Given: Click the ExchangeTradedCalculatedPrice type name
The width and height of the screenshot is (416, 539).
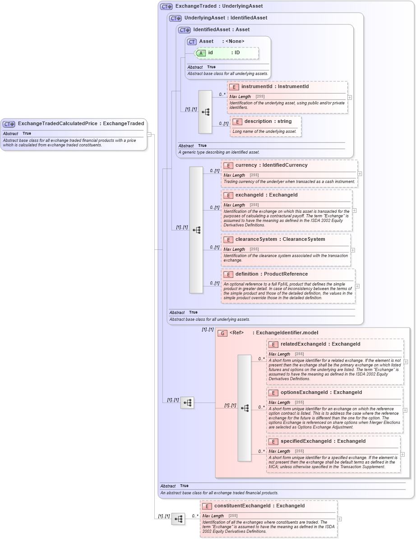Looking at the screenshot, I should pos(59,123).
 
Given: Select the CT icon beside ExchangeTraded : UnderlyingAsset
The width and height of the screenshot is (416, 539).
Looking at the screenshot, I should pos(166,7).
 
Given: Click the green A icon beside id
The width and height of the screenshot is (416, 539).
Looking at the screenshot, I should pos(201,53).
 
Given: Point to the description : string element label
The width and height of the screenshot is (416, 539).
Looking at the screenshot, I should pos(268,121).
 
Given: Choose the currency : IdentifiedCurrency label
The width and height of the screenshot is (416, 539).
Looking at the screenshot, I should pos(271,165).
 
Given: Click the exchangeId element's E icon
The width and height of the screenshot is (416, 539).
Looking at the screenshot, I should pos(228,195).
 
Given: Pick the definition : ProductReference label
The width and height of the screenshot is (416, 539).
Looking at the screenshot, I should pos(271,274).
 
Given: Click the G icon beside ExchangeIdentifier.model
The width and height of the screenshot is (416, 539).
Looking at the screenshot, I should pos(222,333).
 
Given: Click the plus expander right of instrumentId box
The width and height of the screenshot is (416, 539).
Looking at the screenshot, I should pos(350,97).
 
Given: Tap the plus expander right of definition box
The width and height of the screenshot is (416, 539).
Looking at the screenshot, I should pos(357,286).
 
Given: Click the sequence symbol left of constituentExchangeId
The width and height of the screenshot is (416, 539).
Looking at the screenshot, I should pos(178,519).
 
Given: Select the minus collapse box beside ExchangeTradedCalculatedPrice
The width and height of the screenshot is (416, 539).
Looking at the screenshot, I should pos(149,135).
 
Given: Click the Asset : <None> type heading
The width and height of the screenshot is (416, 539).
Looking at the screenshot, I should pos(222,41).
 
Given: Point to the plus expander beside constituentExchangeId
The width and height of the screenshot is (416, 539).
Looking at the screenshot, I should pos(339,519).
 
